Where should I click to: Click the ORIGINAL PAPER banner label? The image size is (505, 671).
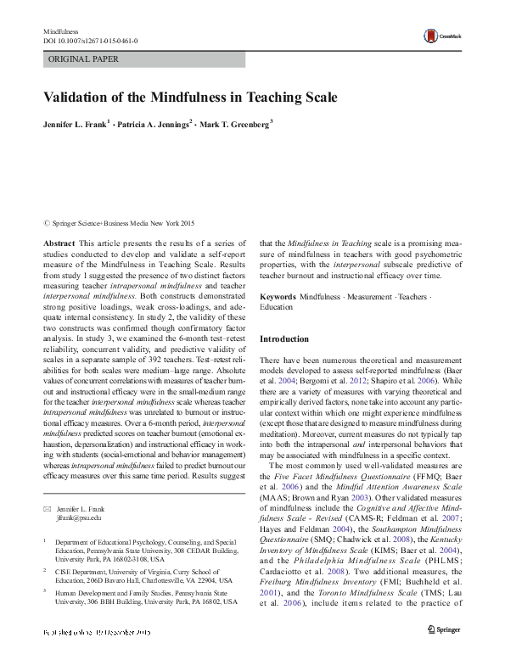[83, 59]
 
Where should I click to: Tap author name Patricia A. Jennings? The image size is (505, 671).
[156, 125]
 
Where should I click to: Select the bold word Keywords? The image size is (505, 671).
[278, 298]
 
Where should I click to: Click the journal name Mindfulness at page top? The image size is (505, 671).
[59, 31]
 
